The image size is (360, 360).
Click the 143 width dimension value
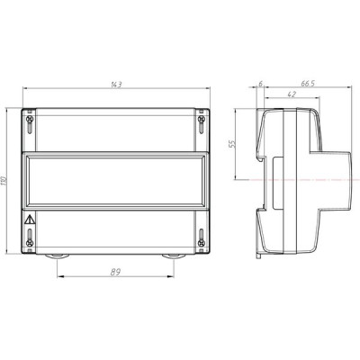[116, 85]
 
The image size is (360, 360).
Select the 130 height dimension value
[4, 181]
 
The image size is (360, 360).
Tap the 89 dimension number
[115, 272]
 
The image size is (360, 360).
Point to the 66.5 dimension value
[308, 84]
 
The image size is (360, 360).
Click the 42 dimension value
[292, 94]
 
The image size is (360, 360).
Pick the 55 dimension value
[232, 144]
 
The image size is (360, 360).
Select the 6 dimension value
[260, 84]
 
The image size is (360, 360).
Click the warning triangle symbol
[30, 220]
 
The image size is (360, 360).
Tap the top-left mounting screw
[30, 119]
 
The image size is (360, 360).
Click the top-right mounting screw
[202, 119]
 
